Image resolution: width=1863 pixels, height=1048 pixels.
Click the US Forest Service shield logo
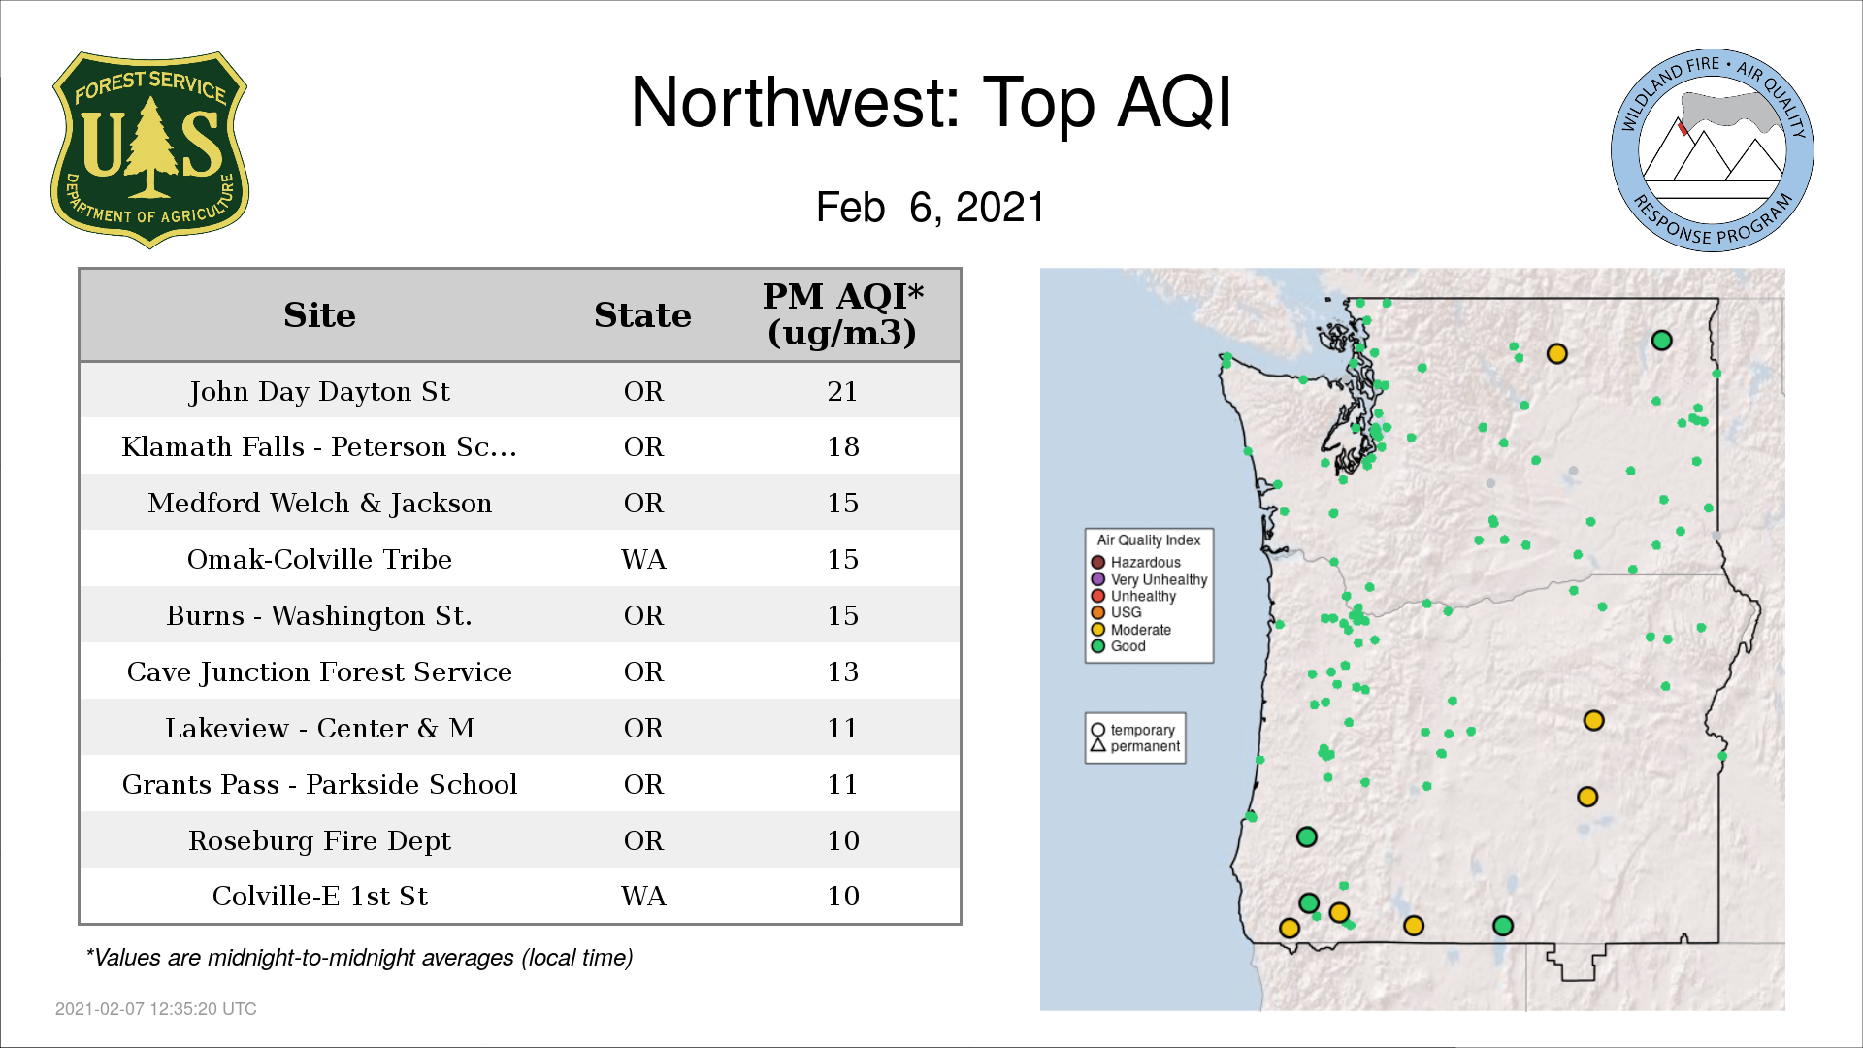(149, 149)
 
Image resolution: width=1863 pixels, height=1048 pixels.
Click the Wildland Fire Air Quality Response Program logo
(1712, 150)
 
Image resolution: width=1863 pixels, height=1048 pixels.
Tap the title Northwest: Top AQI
(931, 102)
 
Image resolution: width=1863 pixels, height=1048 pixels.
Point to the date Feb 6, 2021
(930, 207)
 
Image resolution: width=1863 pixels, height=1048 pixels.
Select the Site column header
(319, 315)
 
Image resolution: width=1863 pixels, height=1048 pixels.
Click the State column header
(642, 315)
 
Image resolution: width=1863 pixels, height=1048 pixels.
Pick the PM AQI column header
(842, 313)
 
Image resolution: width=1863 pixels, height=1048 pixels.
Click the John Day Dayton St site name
(319, 391)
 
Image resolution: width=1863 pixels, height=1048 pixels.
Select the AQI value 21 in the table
(842, 391)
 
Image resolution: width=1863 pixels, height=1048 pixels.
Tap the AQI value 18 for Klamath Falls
(842, 446)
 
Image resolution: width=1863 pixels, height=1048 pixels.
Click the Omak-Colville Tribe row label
(319, 559)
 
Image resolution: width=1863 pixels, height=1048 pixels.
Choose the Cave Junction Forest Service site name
(319, 671)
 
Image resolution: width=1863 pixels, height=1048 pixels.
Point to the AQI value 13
(842, 671)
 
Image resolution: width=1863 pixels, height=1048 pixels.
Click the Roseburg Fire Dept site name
(319, 840)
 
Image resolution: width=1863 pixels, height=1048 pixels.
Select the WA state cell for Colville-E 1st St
(643, 896)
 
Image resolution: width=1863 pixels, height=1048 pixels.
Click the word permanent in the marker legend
(1145, 746)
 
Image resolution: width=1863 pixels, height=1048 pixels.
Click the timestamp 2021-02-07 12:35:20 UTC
(156, 1009)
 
